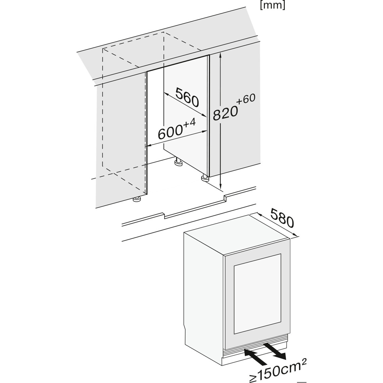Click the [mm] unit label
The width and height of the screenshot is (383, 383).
click(x=273, y=6)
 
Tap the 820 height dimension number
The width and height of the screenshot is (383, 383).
click(x=225, y=113)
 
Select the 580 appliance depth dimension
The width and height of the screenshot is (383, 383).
click(x=282, y=219)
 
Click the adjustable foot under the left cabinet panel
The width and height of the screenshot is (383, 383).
click(x=137, y=200)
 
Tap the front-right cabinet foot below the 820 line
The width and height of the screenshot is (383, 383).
click(x=204, y=178)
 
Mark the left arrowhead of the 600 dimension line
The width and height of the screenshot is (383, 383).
click(x=150, y=145)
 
